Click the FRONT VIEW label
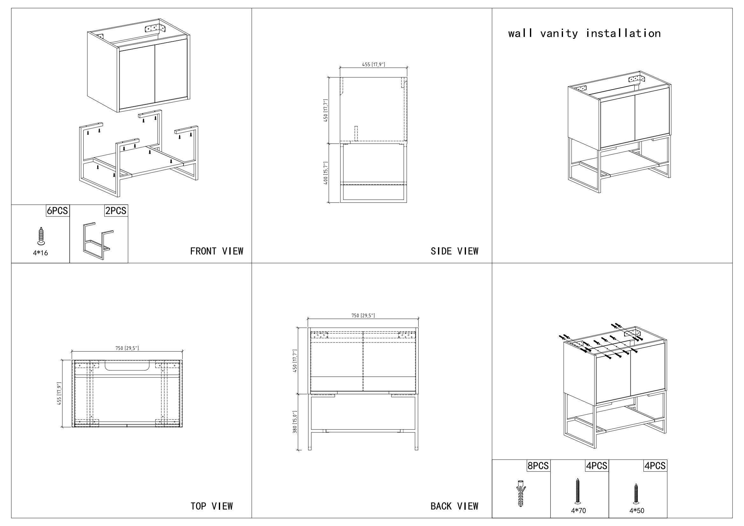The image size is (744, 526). (x=217, y=251)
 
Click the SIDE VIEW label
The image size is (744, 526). (x=454, y=251)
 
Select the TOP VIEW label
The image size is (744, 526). (x=212, y=506)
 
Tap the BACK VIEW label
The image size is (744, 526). (x=454, y=506)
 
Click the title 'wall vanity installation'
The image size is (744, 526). (x=584, y=33)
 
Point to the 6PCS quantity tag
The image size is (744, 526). (x=57, y=211)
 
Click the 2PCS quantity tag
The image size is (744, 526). (x=116, y=211)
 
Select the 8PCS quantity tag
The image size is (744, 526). (x=538, y=466)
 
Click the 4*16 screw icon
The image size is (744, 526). (x=40, y=235)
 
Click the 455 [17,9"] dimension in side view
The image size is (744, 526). (x=373, y=65)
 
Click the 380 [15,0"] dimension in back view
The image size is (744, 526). (x=295, y=422)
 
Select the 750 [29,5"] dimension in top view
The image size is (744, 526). (x=127, y=348)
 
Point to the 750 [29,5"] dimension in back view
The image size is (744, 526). (x=363, y=315)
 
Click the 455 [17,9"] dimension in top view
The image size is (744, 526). (x=59, y=394)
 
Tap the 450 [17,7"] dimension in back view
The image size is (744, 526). (x=295, y=361)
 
